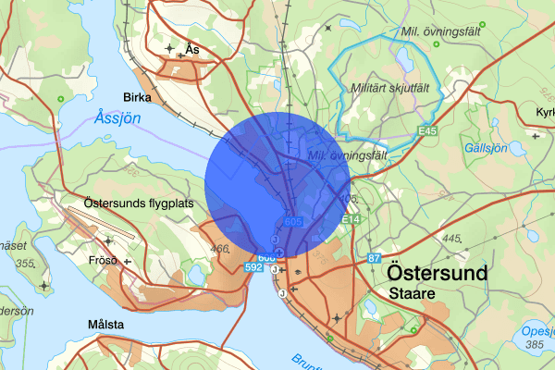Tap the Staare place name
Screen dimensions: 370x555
point(411,293)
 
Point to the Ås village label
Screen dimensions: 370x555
point(191,48)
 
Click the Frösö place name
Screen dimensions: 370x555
point(100,260)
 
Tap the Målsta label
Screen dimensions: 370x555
point(106,325)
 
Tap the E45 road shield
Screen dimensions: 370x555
point(426,132)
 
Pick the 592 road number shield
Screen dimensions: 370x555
point(253,266)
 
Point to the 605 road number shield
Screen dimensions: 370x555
point(293,221)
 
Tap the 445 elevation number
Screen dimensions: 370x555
point(452,239)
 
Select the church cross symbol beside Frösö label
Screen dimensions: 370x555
point(128,261)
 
